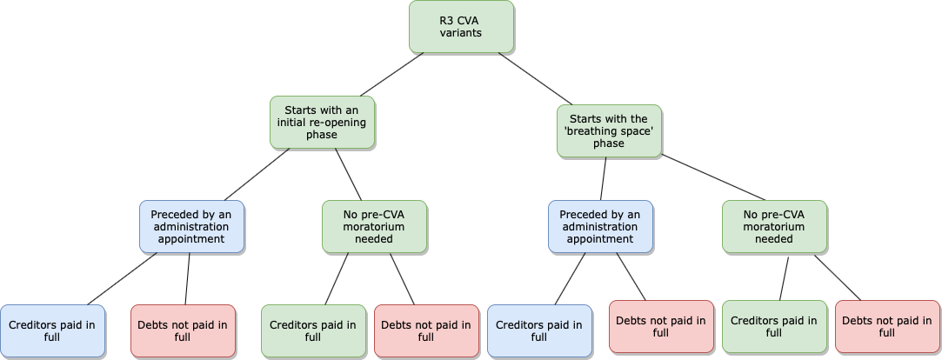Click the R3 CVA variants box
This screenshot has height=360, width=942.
(x=461, y=26)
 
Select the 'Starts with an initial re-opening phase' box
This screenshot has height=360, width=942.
(x=322, y=122)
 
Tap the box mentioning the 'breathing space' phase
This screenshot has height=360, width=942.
(x=609, y=130)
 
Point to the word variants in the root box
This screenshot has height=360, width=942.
(x=461, y=33)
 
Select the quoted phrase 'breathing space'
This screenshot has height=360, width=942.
(x=609, y=131)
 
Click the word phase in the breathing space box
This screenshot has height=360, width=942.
(x=609, y=143)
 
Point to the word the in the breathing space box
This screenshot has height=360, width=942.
(x=638, y=118)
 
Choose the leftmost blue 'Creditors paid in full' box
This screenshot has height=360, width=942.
(x=52, y=330)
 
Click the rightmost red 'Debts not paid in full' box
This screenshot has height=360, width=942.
(x=887, y=326)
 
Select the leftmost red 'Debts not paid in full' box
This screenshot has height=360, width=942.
(x=183, y=330)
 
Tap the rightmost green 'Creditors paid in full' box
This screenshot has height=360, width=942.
(x=774, y=326)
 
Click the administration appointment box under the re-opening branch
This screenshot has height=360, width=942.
(x=191, y=226)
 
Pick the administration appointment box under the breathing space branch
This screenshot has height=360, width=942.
(x=600, y=226)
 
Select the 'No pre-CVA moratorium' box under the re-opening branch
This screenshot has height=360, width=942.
(x=374, y=226)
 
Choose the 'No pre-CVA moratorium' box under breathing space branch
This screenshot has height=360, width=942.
(x=774, y=226)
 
